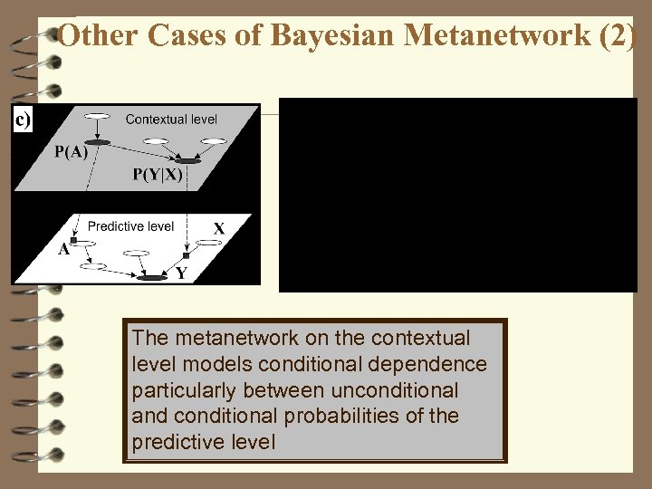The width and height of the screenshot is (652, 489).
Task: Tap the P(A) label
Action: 71,152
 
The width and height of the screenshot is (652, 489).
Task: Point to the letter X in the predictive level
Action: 218,228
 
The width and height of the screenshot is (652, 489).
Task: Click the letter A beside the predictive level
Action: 64,251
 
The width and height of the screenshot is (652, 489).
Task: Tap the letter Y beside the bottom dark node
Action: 181,273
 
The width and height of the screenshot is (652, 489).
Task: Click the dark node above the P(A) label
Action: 97,142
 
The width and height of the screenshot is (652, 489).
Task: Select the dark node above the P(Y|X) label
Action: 187,159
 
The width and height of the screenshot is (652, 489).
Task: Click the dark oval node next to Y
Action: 152,278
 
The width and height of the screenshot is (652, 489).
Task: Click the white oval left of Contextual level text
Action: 97,115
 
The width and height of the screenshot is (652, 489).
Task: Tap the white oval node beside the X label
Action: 209,244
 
